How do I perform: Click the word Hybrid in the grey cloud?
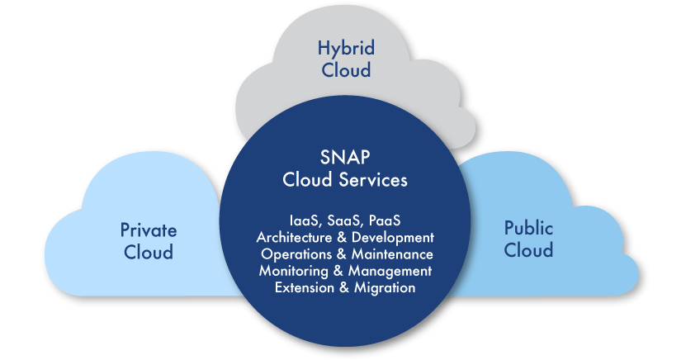pos(344,48)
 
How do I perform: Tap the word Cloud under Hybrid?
pos(344,69)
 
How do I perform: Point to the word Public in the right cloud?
pos(528,229)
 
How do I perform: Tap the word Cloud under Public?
pos(528,250)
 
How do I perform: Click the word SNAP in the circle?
pos(345,158)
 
